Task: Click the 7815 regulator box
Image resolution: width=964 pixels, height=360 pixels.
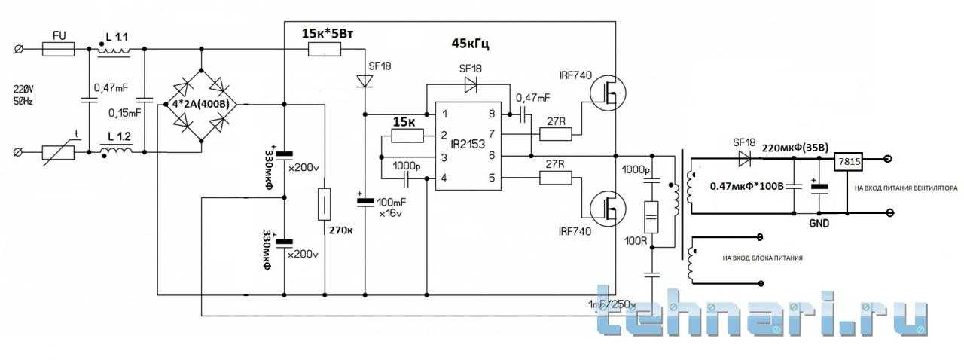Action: tap(848, 160)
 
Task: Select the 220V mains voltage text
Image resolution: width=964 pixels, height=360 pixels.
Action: tap(27, 86)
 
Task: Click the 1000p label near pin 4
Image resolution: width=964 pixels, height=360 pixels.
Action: tap(407, 165)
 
